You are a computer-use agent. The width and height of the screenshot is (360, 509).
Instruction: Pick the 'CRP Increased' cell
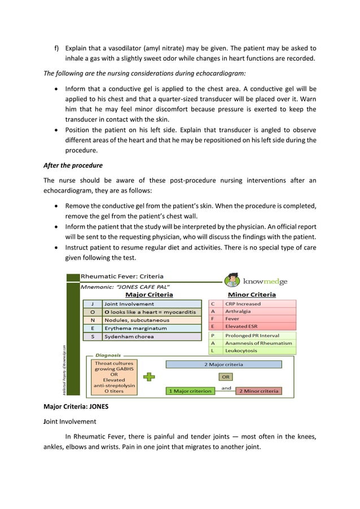[259, 304]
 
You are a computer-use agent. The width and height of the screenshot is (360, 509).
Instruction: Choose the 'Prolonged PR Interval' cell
[259, 335]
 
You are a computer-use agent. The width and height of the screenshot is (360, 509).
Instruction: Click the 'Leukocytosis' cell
[259, 350]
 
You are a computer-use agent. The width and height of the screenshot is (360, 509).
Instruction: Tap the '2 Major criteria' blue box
[223, 365]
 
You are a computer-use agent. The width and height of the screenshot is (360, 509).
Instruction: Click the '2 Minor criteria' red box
[258, 390]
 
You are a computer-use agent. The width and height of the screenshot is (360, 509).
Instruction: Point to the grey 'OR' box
[225, 377]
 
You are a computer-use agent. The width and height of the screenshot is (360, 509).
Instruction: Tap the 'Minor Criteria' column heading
[252, 295]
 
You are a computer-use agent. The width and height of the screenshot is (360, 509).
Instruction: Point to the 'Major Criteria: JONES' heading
[76, 407]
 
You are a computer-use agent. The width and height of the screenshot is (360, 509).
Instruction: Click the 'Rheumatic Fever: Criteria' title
[122, 277]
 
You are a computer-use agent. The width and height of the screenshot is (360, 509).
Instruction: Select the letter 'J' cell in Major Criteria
[92, 304]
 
